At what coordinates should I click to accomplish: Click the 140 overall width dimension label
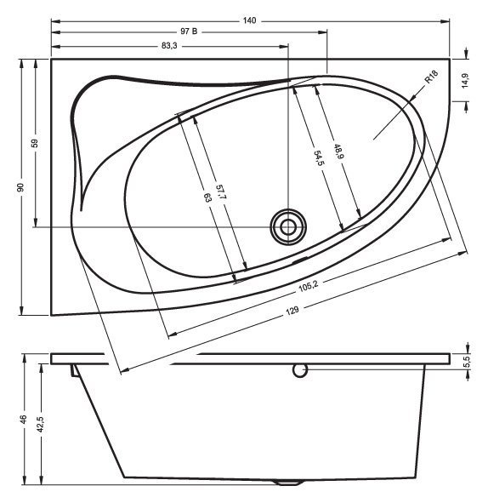coord(249,19)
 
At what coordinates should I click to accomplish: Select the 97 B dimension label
coord(189,32)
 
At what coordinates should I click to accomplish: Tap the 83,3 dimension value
coord(168,46)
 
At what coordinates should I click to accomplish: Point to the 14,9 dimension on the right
coord(465,80)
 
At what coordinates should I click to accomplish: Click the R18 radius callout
coord(431,83)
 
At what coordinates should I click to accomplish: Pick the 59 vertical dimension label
coord(35,143)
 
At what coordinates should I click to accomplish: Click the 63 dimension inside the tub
coord(207,197)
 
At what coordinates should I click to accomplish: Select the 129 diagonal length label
coord(292,310)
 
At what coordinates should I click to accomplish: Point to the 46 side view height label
coord(24,419)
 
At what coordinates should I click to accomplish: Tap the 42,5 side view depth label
coord(41,424)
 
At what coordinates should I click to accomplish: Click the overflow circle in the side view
coord(298,369)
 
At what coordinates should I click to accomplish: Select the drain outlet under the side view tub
coord(290,483)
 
